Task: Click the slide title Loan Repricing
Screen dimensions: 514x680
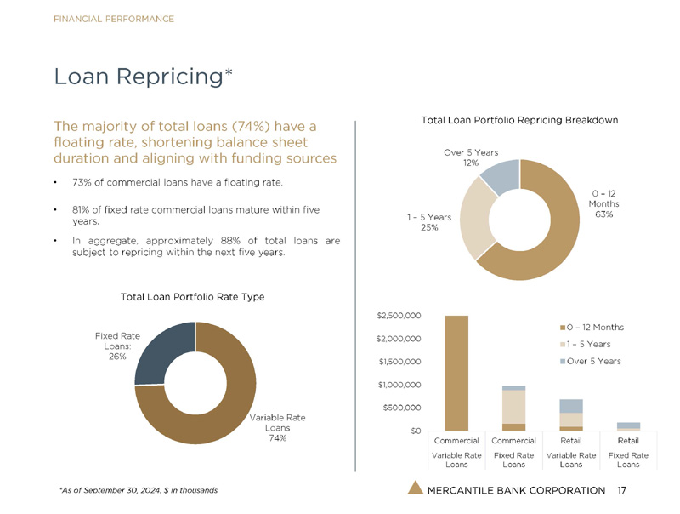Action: [x=143, y=77]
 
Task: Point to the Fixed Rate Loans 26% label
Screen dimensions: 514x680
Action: [x=116, y=346]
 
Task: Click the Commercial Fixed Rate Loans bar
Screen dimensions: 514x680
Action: [x=513, y=408]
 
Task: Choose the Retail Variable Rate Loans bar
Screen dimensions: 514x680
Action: [x=570, y=414]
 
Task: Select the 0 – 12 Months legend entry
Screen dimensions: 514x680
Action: [x=592, y=328]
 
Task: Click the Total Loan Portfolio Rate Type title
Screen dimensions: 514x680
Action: [x=193, y=297]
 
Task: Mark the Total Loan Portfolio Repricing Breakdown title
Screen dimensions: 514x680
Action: [x=519, y=120]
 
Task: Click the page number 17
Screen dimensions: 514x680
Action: [x=622, y=490]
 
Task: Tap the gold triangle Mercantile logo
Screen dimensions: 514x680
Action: [x=415, y=488]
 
